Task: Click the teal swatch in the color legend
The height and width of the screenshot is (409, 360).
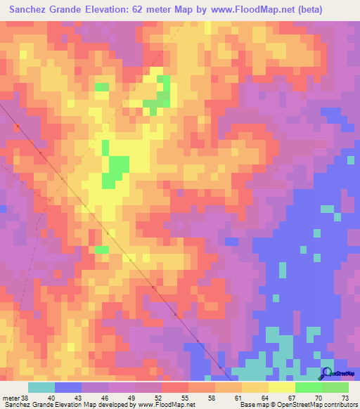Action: point(41,387)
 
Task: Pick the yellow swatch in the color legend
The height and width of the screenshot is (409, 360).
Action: point(281,387)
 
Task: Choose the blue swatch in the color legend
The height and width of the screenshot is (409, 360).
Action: point(67,387)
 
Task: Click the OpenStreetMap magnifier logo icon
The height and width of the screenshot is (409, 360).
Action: point(327,373)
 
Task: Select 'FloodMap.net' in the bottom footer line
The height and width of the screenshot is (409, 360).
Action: point(169,405)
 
